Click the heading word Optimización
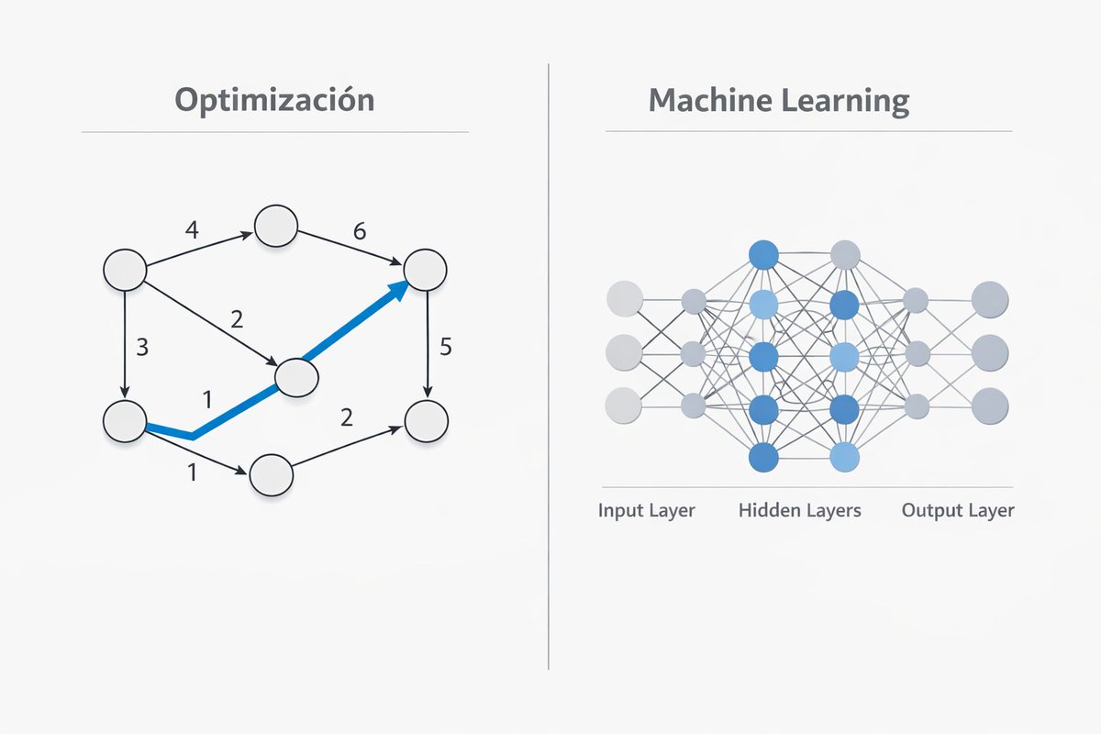point(274,100)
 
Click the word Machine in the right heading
point(706,100)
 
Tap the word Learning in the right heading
point(845,100)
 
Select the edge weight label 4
point(191,229)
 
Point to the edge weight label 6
point(360,231)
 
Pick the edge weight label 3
point(142,348)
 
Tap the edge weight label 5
point(446,347)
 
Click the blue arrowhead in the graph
point(397,292)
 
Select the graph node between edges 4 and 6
point(276,226)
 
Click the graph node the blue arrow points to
point(425,270)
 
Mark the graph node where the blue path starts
point(125,420)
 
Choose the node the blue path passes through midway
point(295,377)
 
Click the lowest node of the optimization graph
point(270,473)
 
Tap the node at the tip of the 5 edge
point(426,420)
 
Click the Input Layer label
point(646,510)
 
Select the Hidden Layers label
point(799,510)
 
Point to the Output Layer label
point(958,510)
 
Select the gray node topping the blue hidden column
point(844,254)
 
